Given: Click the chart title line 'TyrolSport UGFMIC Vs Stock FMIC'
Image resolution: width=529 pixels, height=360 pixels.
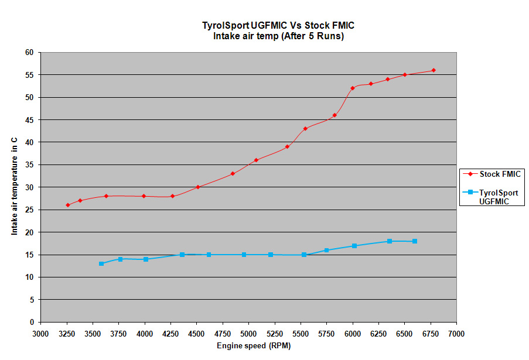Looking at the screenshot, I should (x=278, y=25).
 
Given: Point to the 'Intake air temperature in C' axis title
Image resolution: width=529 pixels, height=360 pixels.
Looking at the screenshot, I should (x=14, y=187).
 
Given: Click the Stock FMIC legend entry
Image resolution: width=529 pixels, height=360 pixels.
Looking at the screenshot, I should (x=492, y=174).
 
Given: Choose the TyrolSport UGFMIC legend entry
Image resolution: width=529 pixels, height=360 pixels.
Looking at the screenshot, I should (x=492, y=196).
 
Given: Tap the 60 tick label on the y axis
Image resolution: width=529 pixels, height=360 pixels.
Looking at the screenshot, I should (x=29, y=52).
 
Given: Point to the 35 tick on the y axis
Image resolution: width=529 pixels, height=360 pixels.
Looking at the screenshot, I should (x=29, y=164).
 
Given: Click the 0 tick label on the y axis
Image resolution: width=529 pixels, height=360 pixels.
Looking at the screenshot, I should (x=32, y=322).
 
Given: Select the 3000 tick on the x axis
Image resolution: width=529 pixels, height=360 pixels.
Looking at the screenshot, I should (x=40, y=333).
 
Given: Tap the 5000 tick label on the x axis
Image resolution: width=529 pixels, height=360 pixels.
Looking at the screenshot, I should (x=248, y=333).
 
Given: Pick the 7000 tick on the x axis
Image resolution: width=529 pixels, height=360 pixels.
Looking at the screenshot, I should (x=456, y=333).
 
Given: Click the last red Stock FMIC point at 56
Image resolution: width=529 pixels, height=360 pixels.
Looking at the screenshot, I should (x=434, y=70).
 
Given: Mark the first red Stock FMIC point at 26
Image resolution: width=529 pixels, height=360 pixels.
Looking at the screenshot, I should (x=68, y=205).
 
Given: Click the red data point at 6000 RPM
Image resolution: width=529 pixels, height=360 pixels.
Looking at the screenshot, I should (x=353, y=88).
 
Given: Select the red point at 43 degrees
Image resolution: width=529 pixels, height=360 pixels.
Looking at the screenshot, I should (x=305, y=129).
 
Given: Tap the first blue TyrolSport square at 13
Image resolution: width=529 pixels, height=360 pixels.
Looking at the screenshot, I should (x=101, y=263).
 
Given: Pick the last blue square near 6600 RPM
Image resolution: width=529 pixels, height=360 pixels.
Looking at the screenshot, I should (x=415, y=241).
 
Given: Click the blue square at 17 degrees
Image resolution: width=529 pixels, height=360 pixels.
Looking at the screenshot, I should (x=354, y=246).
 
